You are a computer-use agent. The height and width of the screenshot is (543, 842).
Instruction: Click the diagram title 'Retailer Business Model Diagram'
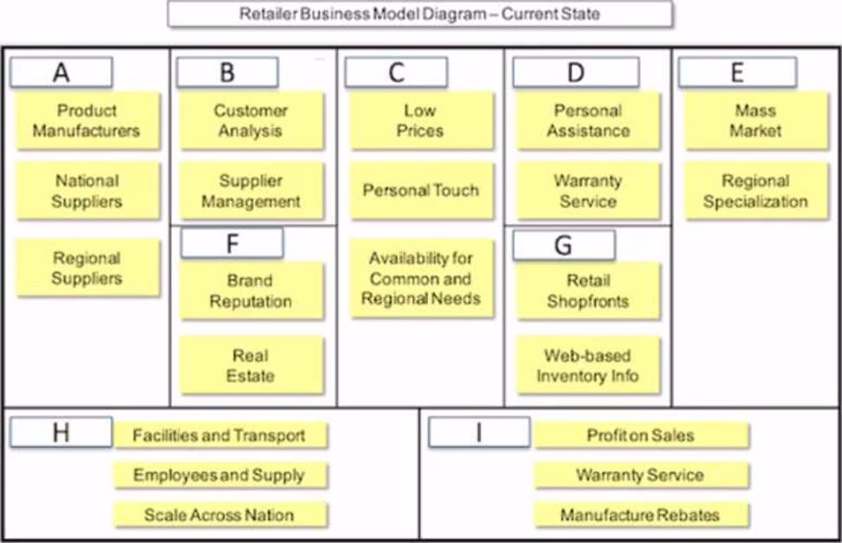(x=419, y=14)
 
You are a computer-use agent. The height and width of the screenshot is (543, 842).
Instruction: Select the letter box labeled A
(x=61, y=73)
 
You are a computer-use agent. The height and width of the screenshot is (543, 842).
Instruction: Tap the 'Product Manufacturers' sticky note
(x=86, y=121)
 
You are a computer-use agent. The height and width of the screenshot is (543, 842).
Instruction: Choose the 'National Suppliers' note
(x=86, y=191)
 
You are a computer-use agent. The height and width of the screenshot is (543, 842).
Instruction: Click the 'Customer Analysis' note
(x=251, y=121)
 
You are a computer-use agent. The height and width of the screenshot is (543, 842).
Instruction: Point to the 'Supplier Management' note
(x=251, y=191)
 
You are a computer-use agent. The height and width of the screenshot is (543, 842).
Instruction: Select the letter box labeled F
(x=232, y=244)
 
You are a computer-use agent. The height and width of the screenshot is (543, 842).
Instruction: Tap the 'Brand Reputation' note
(x=251, y=291)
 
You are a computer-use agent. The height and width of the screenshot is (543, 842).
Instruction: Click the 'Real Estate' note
(x=251, y=366)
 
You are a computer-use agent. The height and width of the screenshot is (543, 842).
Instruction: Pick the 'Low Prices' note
(x=420, y=121)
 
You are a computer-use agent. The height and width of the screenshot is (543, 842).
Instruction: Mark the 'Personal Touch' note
(x=420, y=190)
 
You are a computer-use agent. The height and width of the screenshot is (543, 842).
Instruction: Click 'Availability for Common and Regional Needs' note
(x=420, y=278)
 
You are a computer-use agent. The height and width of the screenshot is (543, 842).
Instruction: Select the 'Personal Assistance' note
(x=588, y=121)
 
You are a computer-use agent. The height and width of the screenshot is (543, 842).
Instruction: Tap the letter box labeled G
(x=564, y=246)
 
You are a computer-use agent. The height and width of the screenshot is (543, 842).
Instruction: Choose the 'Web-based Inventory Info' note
(x=588, y=366)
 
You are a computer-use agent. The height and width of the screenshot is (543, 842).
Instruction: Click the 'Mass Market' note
(x=756, y=121)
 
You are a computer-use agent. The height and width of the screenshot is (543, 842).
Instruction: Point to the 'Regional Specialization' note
(x=756, y=191)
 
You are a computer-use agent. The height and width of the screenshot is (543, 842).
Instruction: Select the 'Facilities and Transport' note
(x=219, y=436)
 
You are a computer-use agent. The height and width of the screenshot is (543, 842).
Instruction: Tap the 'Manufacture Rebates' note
(x=640, y=515)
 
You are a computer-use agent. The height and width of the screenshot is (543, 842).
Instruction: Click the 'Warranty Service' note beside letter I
(x=640, y=475)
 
